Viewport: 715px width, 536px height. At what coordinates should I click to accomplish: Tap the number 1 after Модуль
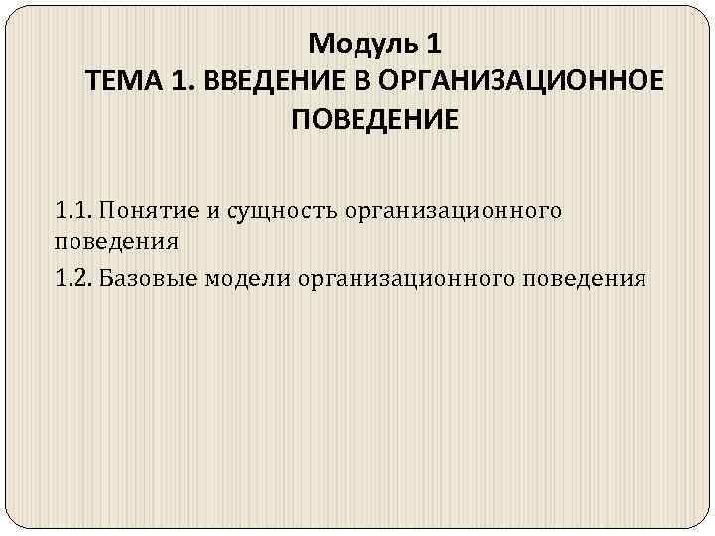430,44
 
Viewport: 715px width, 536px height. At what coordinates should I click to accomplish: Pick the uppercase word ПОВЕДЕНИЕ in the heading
375,120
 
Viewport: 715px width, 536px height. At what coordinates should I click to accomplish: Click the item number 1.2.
75,278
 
